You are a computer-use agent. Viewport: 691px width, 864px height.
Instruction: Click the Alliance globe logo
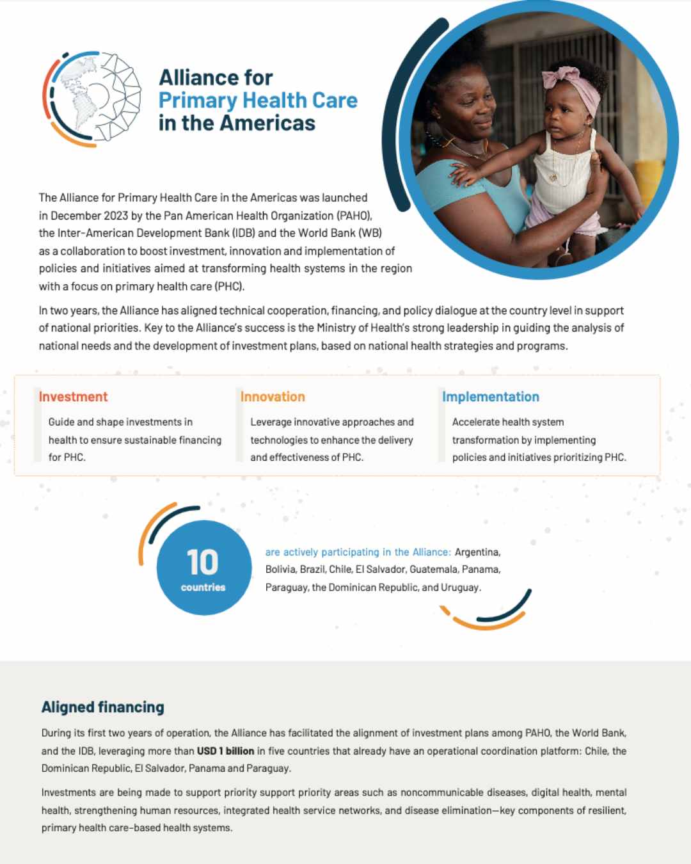[x=93, y=98]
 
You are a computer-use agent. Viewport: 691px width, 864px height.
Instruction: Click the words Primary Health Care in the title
[x=258, y=100]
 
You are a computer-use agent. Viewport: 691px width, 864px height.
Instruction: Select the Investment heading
[x=73, y=397]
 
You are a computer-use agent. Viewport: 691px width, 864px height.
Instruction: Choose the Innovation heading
[x=273, y=397]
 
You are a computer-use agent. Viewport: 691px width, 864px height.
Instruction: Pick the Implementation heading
[x=491, y=397]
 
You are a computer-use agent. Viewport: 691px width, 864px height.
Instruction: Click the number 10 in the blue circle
[x=202, y=562]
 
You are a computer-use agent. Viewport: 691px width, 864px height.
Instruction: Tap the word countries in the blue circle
[x=203, y=588]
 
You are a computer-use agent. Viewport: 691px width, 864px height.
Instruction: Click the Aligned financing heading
[x=103, y=707]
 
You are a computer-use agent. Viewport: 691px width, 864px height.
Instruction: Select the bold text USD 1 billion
[x=225, y=751]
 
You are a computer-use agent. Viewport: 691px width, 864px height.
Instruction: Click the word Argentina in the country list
[x=477, y=552]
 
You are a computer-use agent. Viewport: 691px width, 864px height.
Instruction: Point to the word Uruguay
[x=460, y=587]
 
